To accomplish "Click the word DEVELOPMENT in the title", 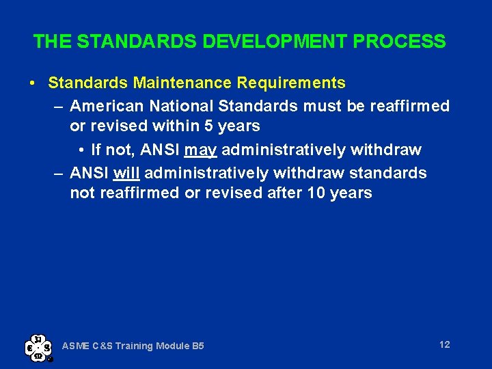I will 274,42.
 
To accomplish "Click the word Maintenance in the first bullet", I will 183,83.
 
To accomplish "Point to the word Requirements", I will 291,83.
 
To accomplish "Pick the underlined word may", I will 200,150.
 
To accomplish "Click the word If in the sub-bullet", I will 96,150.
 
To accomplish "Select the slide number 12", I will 444,344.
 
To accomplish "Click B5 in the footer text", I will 197,346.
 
